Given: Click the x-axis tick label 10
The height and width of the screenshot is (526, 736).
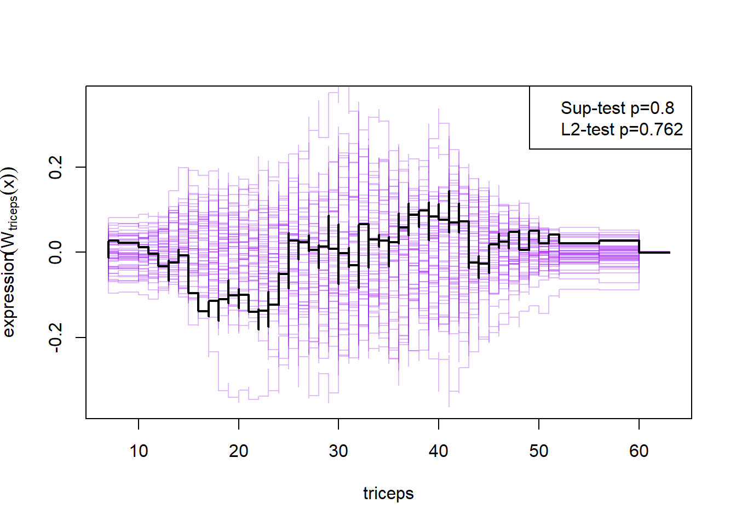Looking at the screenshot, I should [x=139, y=451].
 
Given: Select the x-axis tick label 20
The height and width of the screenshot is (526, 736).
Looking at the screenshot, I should [x=239, y=451].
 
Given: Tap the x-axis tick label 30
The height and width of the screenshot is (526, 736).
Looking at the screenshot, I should [x=338, y=451].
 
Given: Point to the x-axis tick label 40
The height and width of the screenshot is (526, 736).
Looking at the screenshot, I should [x=439, y=451].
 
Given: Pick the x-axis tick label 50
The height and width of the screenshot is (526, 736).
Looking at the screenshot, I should [x=539, y=451].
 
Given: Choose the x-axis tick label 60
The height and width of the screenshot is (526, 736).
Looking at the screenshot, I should [x=639, y=451].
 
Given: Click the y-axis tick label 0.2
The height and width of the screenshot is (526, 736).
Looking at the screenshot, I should [x=55, y=167].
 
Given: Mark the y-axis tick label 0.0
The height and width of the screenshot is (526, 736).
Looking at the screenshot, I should [x=55, y=252].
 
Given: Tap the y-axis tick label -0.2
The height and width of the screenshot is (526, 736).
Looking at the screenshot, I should [x=55, y=336].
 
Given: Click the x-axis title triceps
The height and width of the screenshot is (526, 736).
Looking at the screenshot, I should [x=388, y=493].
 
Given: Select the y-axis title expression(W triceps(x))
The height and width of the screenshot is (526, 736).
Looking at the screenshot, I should [x=10, y=252].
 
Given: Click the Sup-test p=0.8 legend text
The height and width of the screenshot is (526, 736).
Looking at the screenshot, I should [x=617, y=108].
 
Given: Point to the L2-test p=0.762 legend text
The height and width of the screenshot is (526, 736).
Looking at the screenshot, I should [x=622, y=129].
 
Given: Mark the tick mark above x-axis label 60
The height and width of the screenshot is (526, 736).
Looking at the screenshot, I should [x=639, y=424].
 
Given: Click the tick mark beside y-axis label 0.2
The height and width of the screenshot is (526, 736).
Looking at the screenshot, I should [x=81, y=167].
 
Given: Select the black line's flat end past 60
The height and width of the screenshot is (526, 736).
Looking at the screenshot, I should [x=654, y=252].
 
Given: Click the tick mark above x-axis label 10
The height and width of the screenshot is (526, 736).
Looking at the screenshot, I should [x=139, y=424].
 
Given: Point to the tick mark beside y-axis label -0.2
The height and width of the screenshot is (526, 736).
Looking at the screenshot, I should [x=81, y=338].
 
